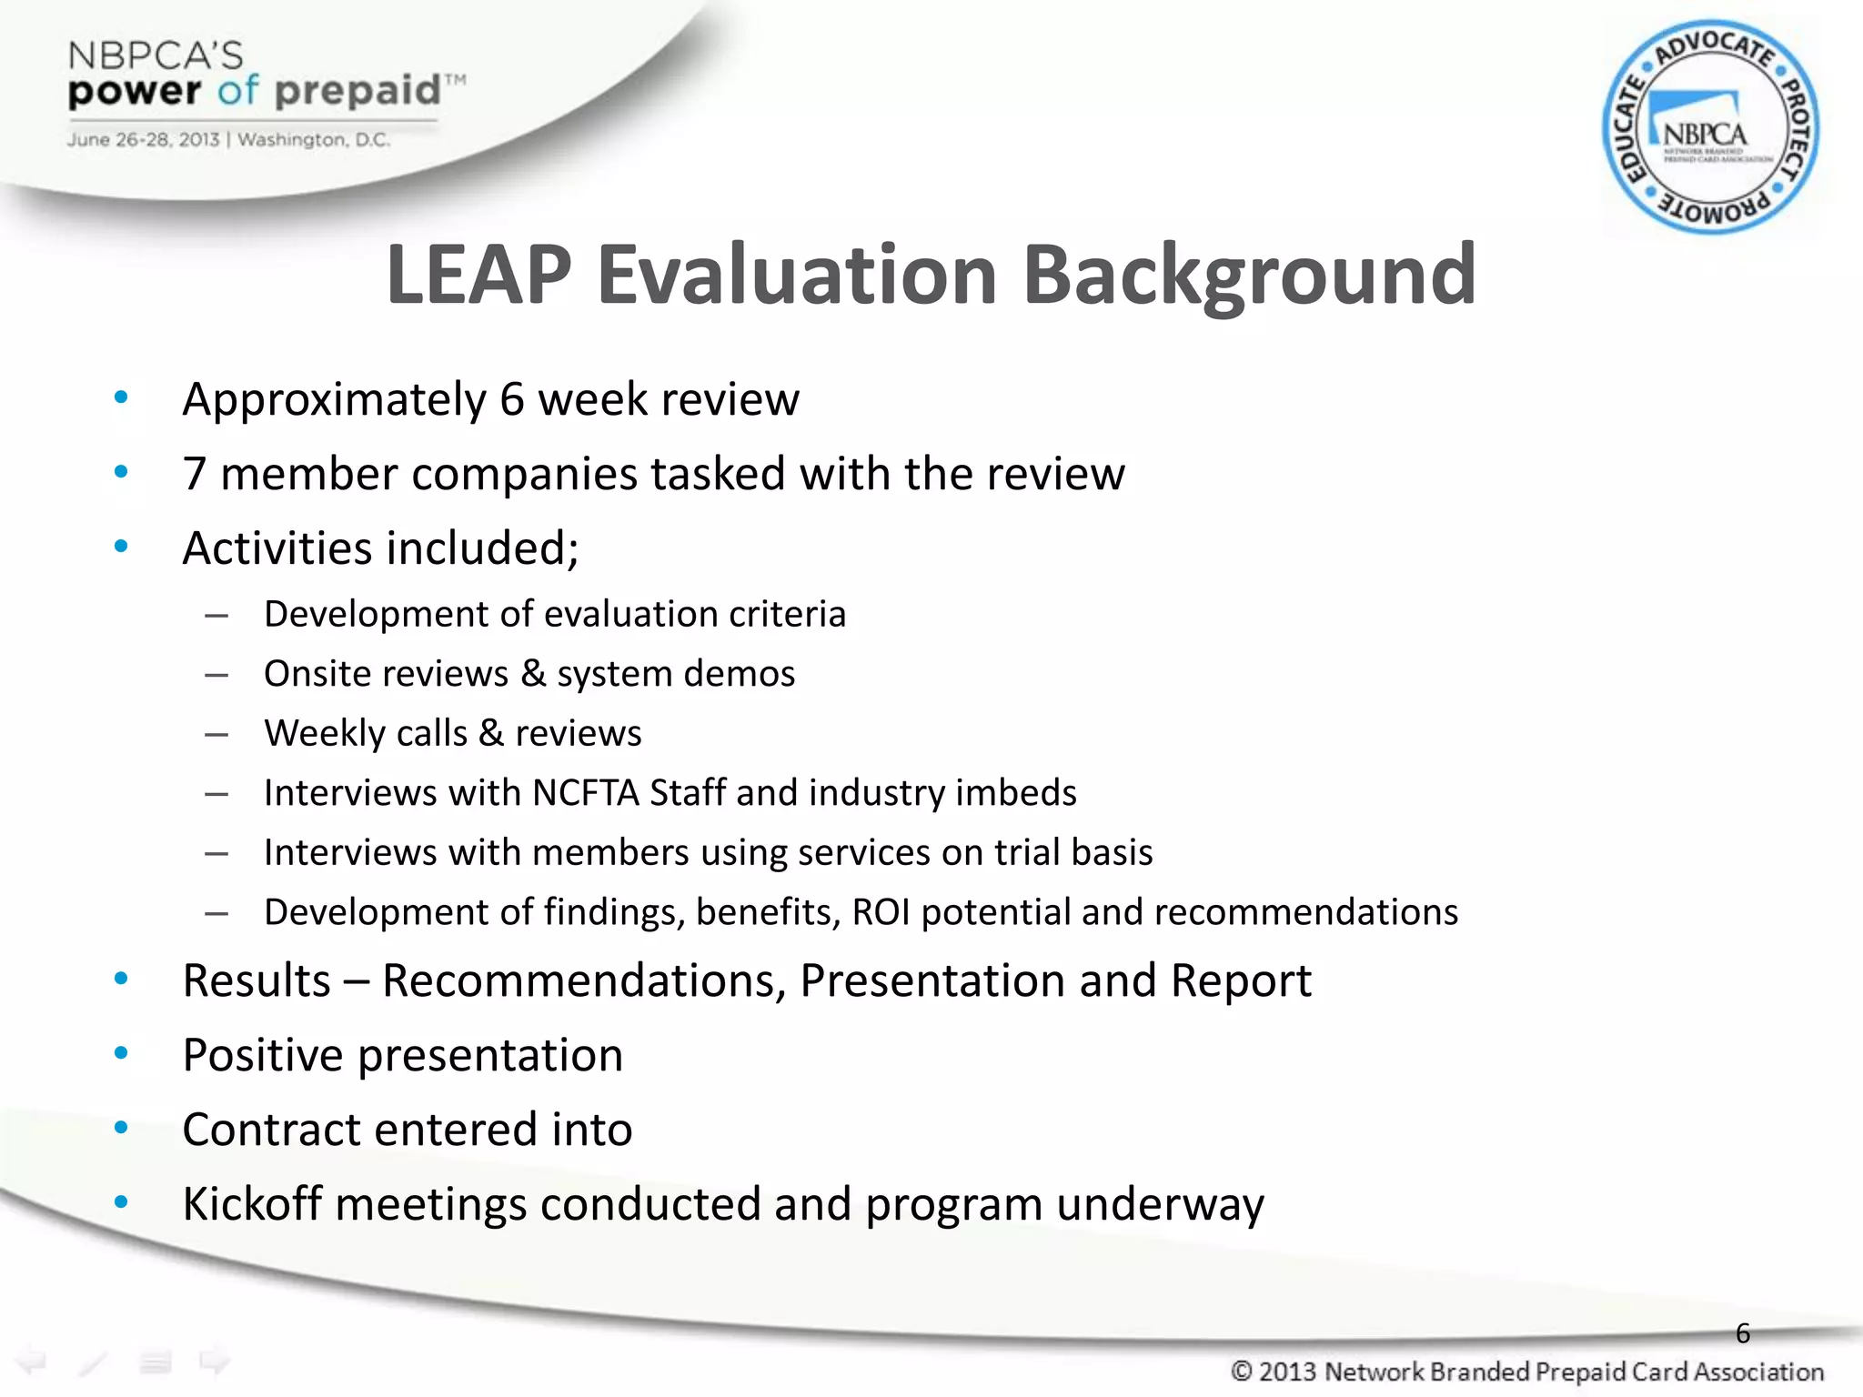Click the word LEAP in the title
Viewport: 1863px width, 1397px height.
pos(478,275)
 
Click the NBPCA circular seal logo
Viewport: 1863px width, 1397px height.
pos(1710,127)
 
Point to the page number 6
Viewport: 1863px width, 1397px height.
pos(1743,1333)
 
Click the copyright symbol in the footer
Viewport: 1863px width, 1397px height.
pos(1242,1372)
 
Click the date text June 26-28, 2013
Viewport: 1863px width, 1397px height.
pos(143,140)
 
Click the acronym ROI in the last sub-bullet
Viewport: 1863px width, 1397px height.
pos(881,912)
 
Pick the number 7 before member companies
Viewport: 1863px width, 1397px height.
pos(194,474)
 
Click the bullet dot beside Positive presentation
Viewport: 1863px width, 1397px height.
pos(121,1053)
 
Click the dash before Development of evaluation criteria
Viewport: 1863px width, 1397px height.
pos(217,616)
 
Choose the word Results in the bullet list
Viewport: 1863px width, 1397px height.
pos(257,980)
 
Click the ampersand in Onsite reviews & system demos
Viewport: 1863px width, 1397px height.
pos(533,674)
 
